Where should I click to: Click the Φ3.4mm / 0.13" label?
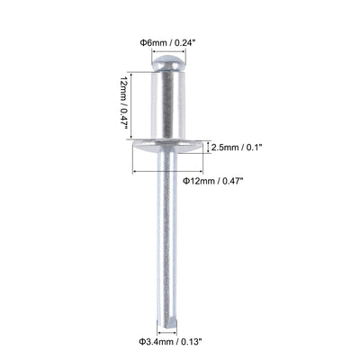(x=169, y=341)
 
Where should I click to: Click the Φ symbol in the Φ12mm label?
(x=186, y=180)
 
